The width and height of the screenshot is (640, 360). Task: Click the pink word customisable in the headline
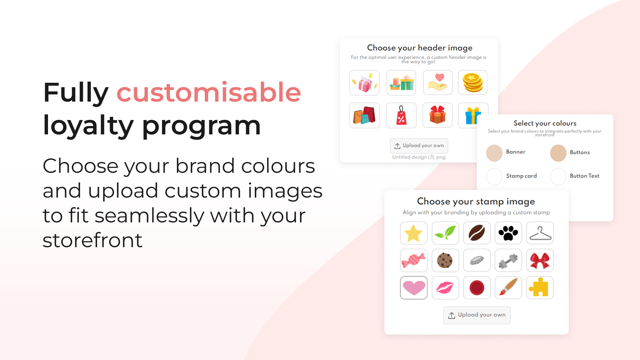click(x=208, y=93)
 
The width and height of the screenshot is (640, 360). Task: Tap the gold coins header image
click(x=472, y=82)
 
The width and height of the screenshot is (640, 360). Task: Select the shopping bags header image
click(x=364, y=115)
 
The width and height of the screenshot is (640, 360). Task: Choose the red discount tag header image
click(x=401, y=115)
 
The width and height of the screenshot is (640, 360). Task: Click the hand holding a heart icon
click(x=438, y=82)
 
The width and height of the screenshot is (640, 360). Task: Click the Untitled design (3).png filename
click(x=418, y=157)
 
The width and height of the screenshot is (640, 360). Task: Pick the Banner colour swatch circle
click(x=494, y=153)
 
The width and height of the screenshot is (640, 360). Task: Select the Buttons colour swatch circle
click(x=558, y=153)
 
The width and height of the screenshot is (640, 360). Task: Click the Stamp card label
click(x=521, y=176)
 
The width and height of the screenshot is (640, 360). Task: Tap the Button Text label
click(x=584, y=176)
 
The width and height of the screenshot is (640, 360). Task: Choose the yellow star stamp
click(x=414, y=233)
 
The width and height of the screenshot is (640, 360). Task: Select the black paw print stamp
click(x=508, y=233)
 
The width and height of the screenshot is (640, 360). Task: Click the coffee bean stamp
click(x=477, y=233)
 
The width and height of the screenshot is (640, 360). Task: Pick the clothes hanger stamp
click(x=540, y=233)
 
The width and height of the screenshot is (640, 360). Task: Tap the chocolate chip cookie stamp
click(x=445, y=260)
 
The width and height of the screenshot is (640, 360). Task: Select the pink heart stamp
click(x=414, y=288)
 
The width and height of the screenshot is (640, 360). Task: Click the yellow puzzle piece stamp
click(x=540, y=288)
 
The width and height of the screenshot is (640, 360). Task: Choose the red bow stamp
click(x=540, y=260)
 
